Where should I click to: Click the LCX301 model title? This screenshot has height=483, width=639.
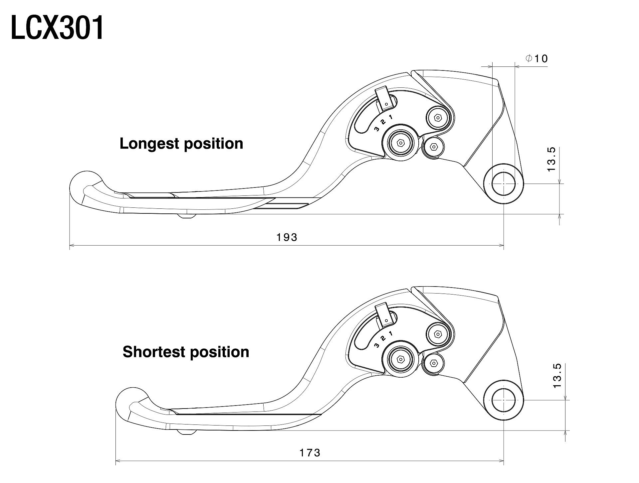[57, 28]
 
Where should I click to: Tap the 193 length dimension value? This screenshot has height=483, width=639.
[287, 237]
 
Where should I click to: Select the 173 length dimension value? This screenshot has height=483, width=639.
[310, 453]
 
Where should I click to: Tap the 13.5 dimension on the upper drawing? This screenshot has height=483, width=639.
[551, 159]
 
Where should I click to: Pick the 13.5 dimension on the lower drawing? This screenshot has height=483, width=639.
[557, 376]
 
